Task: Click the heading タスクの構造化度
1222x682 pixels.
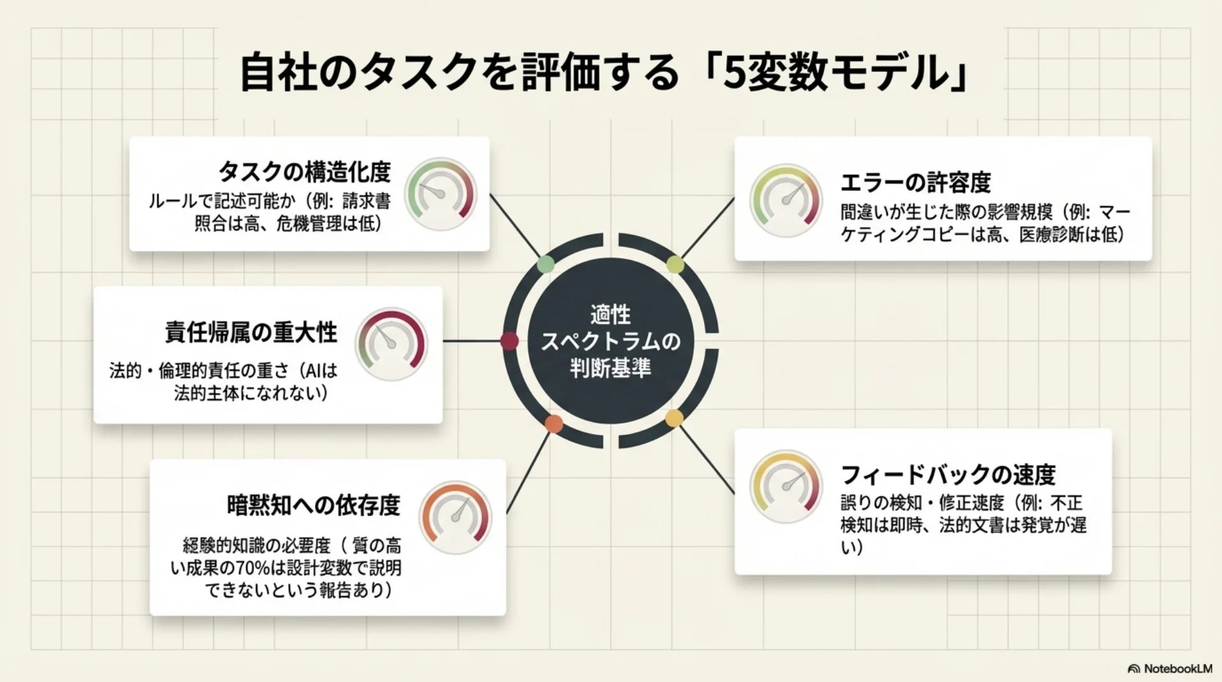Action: point(304,172)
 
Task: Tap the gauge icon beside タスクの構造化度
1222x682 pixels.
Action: point(440,195)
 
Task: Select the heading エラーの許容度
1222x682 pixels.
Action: point(915,183)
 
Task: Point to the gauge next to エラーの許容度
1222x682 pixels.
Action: point(786,200)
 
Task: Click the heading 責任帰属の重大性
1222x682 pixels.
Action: point(251,332)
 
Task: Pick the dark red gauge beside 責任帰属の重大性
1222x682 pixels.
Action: point(391,344)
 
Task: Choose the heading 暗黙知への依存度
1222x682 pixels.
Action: point(313,505)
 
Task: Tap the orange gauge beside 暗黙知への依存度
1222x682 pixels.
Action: point(455,517)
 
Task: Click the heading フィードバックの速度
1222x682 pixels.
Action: point(948,475)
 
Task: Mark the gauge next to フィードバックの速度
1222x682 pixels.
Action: point(786,487)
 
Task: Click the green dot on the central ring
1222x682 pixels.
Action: point(545,265)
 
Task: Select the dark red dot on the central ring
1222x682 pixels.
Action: point(509,341)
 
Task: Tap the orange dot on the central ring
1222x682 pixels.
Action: point(554,424)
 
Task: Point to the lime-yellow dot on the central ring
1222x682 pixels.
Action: point(675,265)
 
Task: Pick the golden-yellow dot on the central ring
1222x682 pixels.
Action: point(673,418)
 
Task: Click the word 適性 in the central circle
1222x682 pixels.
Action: point(610,314)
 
